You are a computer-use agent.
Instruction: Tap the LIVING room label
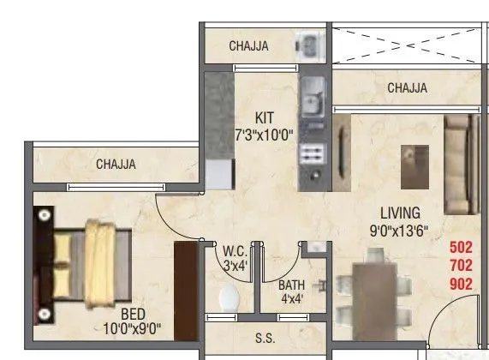click(401, 213)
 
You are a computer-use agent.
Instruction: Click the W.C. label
click(236, 251)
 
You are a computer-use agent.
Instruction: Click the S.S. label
click(264, 338)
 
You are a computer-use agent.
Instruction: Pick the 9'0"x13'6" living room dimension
click(400, 230)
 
